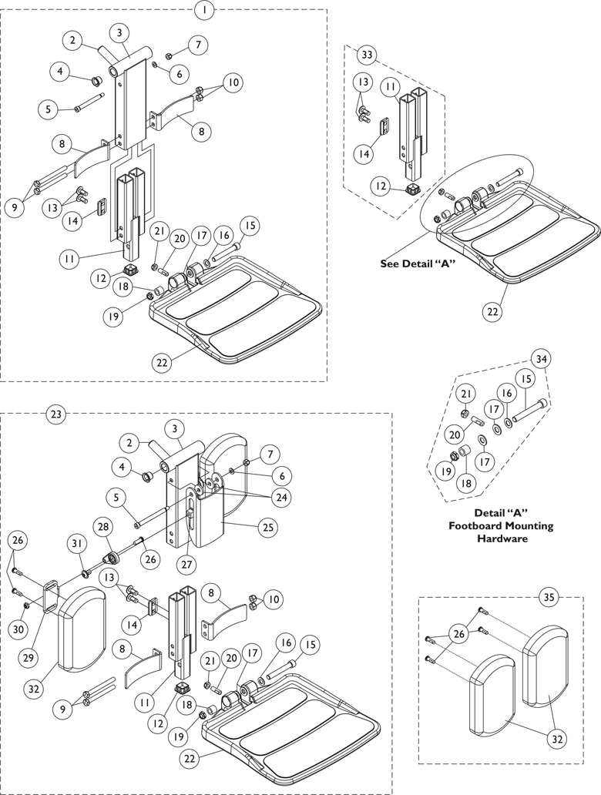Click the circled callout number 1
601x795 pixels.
[204, 10]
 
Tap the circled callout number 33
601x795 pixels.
[367, 55]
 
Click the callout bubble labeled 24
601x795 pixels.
[280, 498]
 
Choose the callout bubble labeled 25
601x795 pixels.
[268, 527]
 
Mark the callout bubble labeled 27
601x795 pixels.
[187, 564]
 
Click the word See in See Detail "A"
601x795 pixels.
[390, 264]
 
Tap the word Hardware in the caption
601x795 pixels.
[502, 538]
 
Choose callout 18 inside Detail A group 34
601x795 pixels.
[467, 483]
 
